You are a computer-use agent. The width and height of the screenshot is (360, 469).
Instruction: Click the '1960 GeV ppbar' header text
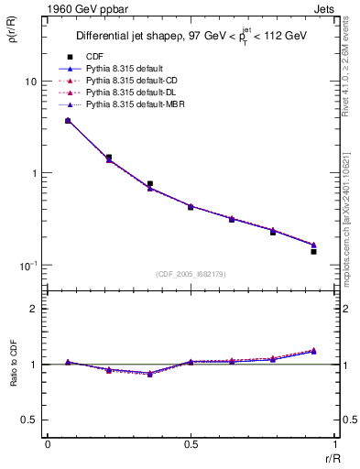tap(82, 7)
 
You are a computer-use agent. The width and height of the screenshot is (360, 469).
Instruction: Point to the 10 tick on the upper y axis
tap(29, 82)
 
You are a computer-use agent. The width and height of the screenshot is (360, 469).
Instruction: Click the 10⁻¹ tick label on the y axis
tap(27, 266)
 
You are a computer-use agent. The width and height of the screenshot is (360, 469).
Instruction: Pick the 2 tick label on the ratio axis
tap(33, 309)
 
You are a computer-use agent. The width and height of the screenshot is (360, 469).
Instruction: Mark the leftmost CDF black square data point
tap(68, 121)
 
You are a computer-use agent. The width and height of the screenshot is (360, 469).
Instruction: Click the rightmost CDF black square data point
tap(313, 251)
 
